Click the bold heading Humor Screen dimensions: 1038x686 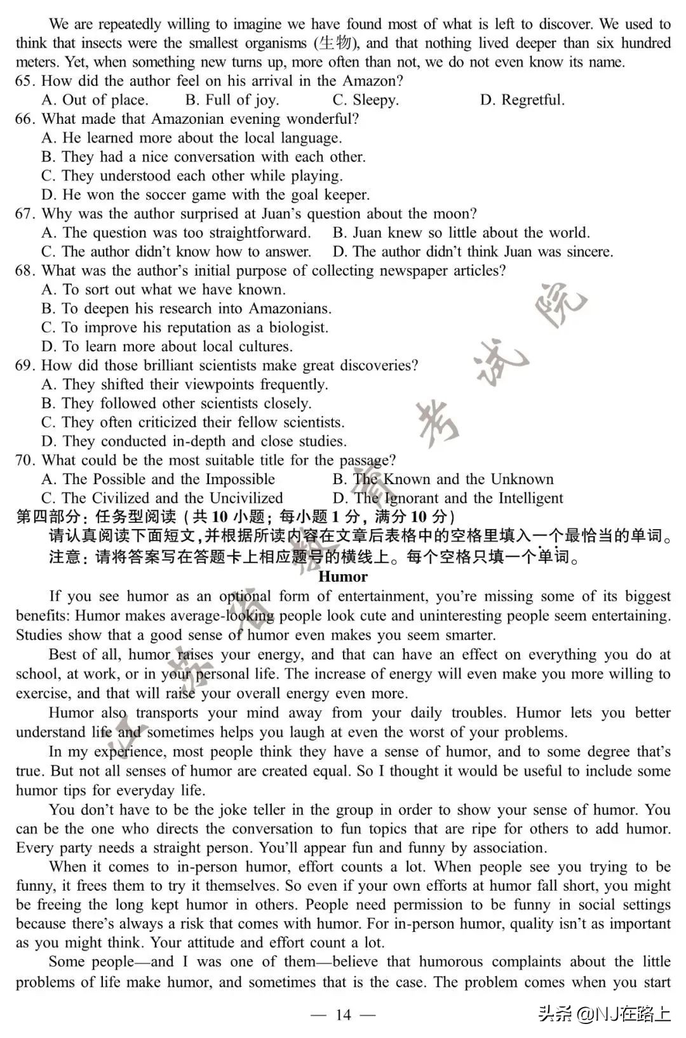coord(342,577)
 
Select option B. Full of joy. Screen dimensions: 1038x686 coord(232,100)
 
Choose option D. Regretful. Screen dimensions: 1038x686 coord(522,100)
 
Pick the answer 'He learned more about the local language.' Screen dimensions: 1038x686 coord(192,138)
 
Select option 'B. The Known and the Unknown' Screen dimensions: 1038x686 coord(443,480)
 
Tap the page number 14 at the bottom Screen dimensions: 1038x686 coord(342,1014)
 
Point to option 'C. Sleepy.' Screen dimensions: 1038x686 coord(365,100)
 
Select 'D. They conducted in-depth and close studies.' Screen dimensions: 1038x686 coord(194,441)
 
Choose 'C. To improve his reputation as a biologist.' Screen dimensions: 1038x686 coord(185,328)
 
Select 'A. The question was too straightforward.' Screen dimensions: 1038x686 coord(176,233)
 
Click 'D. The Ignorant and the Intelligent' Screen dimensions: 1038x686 coord(448,499)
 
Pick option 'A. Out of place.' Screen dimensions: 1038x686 coord(95,100)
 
